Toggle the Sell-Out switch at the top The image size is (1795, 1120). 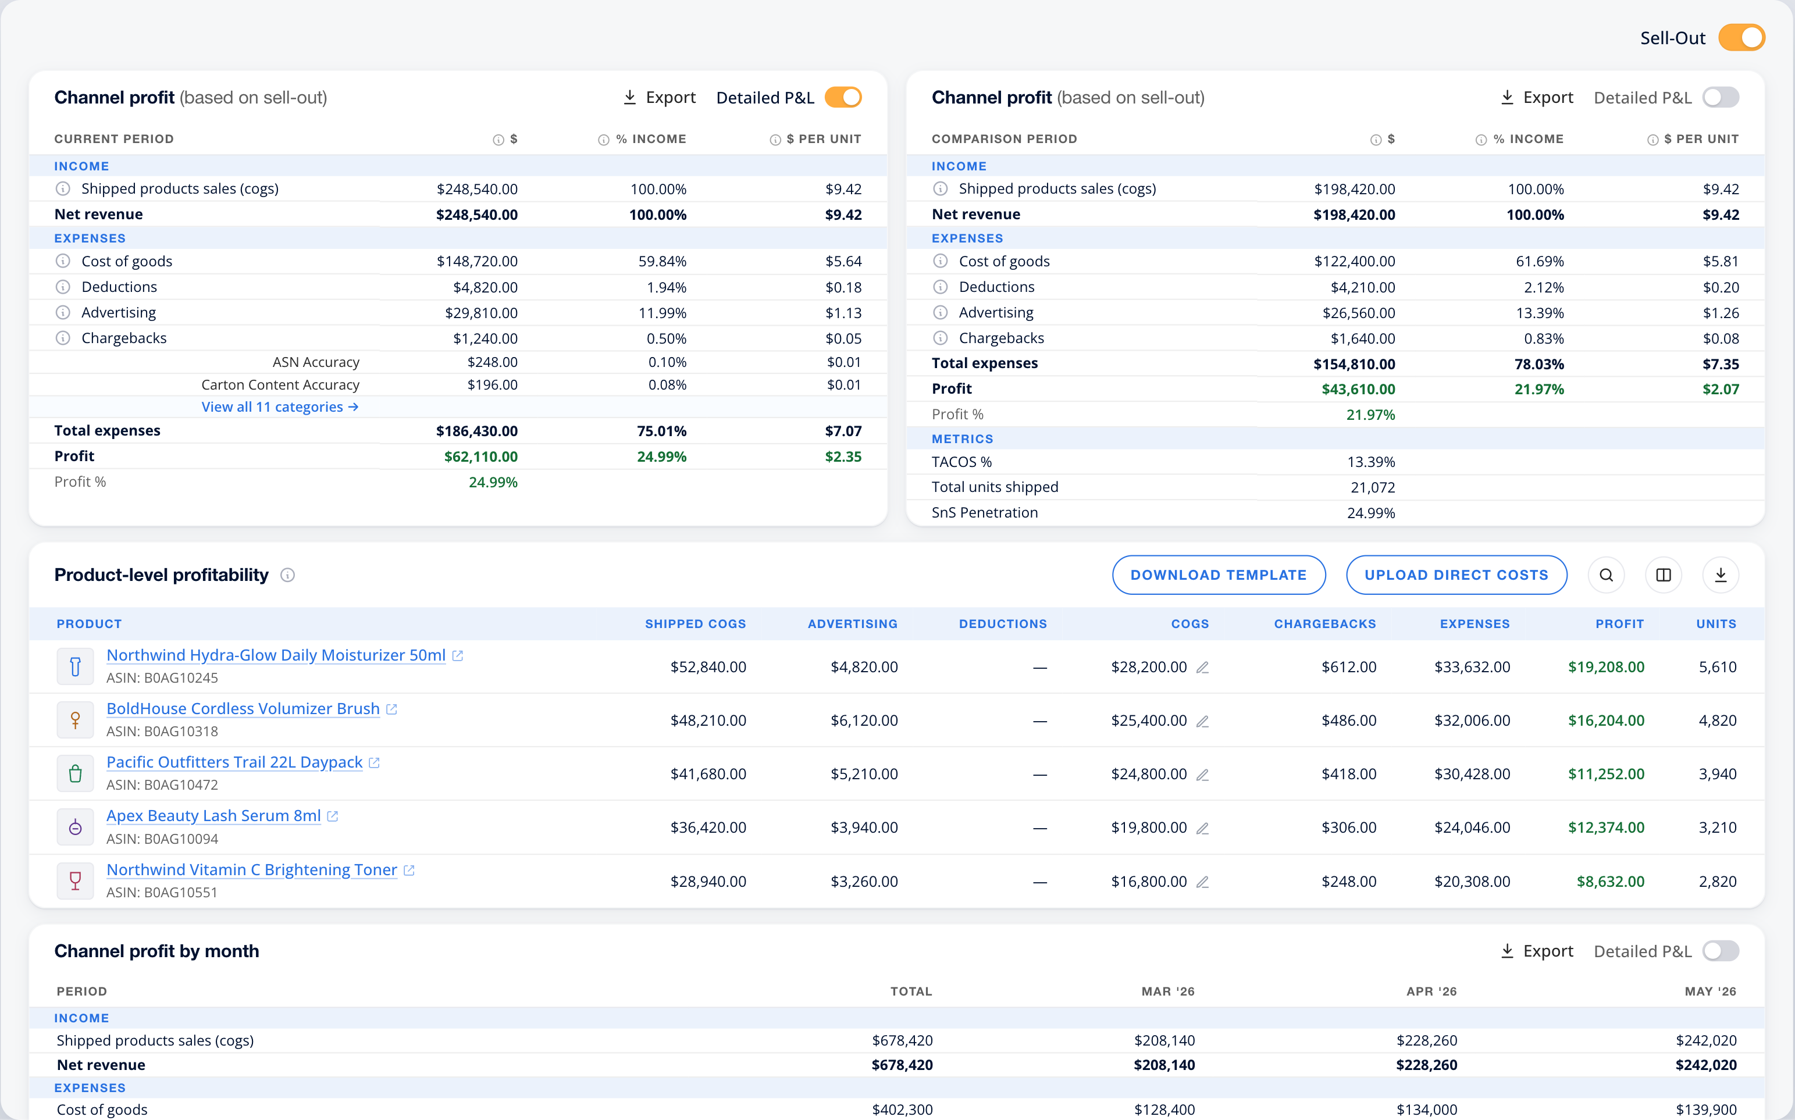[1741, 38]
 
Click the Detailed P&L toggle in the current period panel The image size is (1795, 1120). [843, 98]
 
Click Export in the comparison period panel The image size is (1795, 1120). [1537, 98]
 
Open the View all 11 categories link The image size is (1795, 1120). [280, 406]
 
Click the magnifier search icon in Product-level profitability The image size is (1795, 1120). [1606, 575]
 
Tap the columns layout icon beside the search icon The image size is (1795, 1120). [1663, 575]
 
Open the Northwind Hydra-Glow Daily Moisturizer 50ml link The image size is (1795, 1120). [276, 655]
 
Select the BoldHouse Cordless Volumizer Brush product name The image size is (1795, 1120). [243, 708]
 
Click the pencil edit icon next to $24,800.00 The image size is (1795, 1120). [1202, 775]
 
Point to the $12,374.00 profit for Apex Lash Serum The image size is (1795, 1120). [1606, 827]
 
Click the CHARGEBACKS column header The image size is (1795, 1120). [1324, 624]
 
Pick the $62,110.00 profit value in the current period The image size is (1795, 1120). [481, 456]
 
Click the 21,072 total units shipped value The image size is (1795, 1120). [1373, 487]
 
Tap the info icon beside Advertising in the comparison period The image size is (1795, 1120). [940, 313]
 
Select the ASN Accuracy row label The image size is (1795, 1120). [316, 362]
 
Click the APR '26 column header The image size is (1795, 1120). [1431, 991]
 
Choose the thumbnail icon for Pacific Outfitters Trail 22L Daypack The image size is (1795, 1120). [76, 774]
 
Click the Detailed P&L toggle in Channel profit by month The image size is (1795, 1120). [1720, 951]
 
